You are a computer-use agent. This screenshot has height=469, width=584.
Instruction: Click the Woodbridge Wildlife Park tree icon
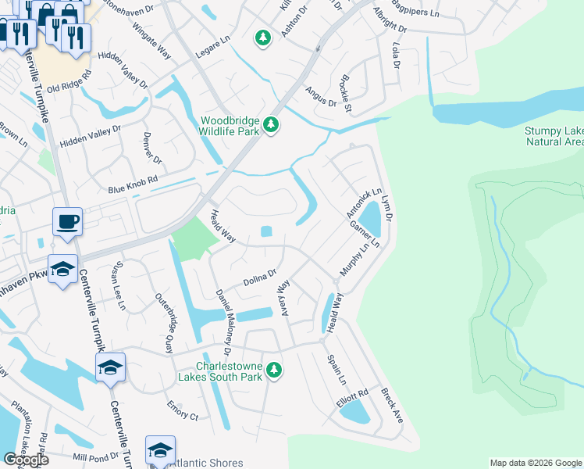tap(271, 125)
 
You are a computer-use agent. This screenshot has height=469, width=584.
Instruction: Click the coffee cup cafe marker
tap(67, 221)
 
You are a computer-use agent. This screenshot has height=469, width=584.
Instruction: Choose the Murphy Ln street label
tap(348, 260)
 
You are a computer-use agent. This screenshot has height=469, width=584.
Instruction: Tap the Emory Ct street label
tap(183, 410)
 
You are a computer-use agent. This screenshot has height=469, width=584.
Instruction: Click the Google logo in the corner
tap(27, 460)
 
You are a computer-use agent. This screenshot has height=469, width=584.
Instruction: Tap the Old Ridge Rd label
tap(69, 83)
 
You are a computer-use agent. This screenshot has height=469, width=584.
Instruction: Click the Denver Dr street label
tap(151, 148)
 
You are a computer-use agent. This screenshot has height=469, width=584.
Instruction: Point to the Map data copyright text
tap(536, 463)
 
